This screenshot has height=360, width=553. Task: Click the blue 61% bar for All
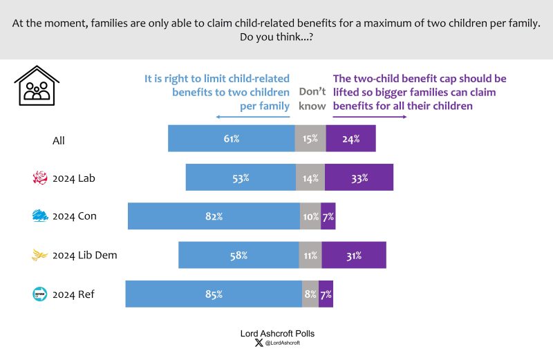[x=231, y=138]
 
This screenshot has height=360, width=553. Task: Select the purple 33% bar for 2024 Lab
[x=359, y=178]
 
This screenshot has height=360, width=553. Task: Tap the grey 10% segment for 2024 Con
[x=310, y=216]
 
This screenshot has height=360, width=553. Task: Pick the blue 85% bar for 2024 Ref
[x=214, y=294]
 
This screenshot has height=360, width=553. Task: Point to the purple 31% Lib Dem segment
[x=354, y=255]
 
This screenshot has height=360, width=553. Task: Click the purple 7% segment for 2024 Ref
[x=326, y=294]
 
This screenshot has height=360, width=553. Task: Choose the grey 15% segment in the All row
[x=310, y=138]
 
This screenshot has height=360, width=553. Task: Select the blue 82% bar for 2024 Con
[x=214, y=216]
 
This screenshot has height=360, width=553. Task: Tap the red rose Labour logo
[x=40, y=178]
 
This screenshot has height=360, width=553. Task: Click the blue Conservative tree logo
[x=40, y=216]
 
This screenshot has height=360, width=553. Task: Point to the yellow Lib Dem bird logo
[x=40, y=256]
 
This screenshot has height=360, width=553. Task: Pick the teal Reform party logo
[x=40, y=294]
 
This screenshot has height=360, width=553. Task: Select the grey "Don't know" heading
[x=311, y=97]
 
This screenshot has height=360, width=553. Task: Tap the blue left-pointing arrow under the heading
[x=252, y=117]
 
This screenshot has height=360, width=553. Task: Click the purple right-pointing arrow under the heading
[x=370, y=117]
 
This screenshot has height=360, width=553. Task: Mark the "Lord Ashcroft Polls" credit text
[x=277, y=333]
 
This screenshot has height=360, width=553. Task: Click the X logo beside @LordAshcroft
[x=259, y=343]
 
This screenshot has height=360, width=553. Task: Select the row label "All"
[x=59, y=140]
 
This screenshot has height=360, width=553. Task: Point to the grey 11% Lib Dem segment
[x=310, y=255]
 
